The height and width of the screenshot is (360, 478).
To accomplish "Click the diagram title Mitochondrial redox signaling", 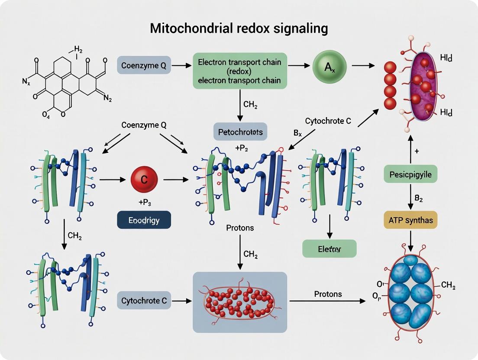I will coord(239,29).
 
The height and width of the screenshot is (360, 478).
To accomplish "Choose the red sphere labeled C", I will coord(144,179).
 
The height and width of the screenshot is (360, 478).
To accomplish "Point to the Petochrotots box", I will coord(241,132).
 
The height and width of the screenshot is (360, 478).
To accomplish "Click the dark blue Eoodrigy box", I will coord(144,220).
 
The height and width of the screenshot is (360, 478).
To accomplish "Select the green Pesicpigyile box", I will coord(410,175).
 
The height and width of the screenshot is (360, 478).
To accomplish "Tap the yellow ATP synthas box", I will coord(410,220).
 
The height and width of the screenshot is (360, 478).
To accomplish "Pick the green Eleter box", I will coord(329,249).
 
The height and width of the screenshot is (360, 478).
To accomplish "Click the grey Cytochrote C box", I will coord(144,301).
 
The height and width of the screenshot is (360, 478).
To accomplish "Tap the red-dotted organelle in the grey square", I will coord(239,302).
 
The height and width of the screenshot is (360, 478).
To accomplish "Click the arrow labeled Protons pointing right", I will coord(327,301).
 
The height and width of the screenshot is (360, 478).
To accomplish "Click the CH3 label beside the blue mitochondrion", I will coord(447,285).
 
